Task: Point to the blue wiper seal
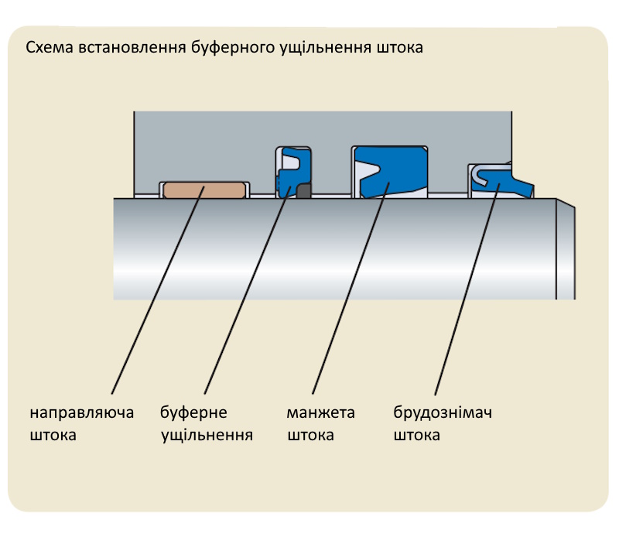(507, 183)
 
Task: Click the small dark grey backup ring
(303, 190)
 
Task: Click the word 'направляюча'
(82, 412)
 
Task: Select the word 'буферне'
(193, 412)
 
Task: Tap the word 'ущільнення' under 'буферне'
(207, 435)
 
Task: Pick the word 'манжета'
(320, 412)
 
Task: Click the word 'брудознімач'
(443, 412)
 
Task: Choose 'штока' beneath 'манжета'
(310, 435)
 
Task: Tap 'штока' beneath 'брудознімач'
(417, 435)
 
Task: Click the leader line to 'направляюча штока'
(155, 294)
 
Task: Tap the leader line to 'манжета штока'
(348, 294)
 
